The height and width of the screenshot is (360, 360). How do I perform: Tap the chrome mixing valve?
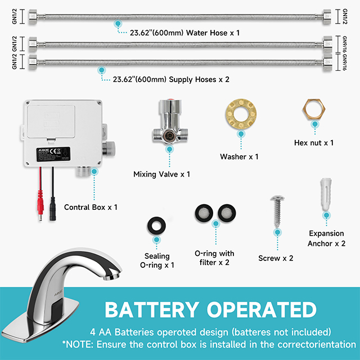tap(170, 121)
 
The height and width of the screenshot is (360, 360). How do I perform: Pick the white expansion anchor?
tap(326, 193)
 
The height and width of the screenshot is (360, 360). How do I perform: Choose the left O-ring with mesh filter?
tap(204, 213)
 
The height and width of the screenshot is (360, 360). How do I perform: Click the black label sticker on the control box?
tap(53, 154)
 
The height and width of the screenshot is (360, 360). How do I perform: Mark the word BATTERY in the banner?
tap(152, 310)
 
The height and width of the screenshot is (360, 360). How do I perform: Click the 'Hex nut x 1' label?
tap(314, 143)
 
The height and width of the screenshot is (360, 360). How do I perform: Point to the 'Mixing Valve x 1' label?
tap(161, 174)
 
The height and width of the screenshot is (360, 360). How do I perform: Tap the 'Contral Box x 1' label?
tap(91, 208)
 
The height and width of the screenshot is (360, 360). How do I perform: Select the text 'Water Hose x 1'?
tap(213, 33)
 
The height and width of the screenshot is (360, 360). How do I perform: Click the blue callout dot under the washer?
tap(241, 134)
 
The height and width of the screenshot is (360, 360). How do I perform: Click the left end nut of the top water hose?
tap(33, 16)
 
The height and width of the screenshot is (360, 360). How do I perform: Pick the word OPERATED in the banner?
tap(262, 310)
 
